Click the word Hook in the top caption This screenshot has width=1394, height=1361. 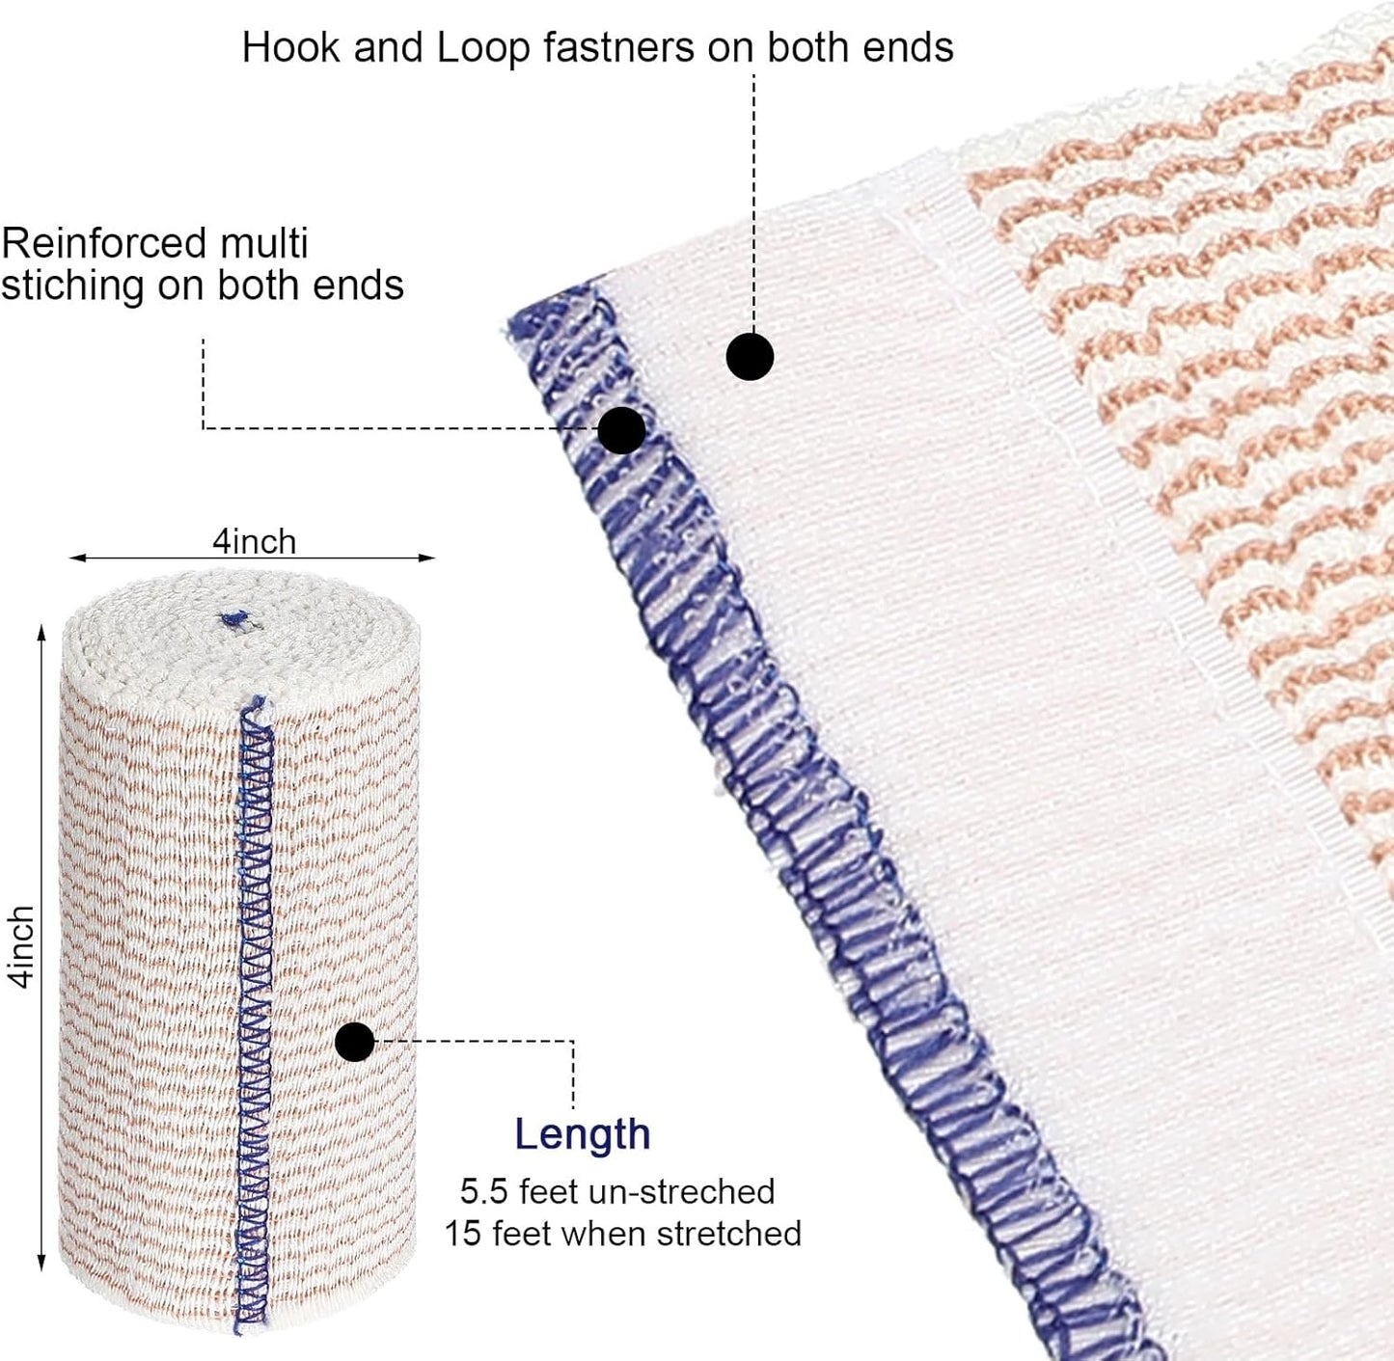(x=290, y=47)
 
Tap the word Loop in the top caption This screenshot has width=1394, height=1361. (x=482, y=48)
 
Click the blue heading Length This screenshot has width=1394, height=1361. (x=582, y=1134)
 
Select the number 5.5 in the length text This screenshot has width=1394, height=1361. (x=483, y=1191)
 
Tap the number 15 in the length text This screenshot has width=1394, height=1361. (x=462, y=1234)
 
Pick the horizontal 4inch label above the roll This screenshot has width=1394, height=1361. (x=254, y=541)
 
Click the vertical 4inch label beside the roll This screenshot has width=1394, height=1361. (x=21, y=946)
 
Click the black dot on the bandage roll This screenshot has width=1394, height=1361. (x=355, y=1042)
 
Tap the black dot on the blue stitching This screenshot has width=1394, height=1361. (x=621, y=430)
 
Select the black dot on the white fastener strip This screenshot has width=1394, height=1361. (x=750, y=357)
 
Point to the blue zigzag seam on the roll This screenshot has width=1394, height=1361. (x=254, y=1013)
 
